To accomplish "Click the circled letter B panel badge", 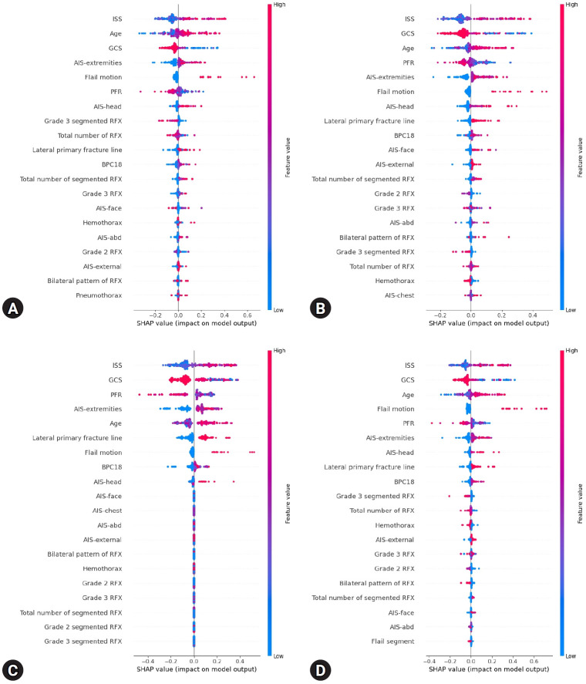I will [305, 309].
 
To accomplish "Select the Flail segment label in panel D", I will [393, 641].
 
